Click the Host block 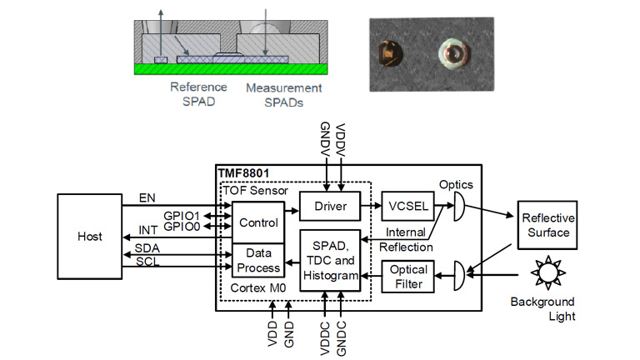[x=90, y=237]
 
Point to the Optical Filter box [x=408, y=277]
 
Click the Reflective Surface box [x=547, y=225]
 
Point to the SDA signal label [x=147, y=249]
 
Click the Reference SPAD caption [x=198, y=94]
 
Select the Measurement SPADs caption [x=283, y=94]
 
